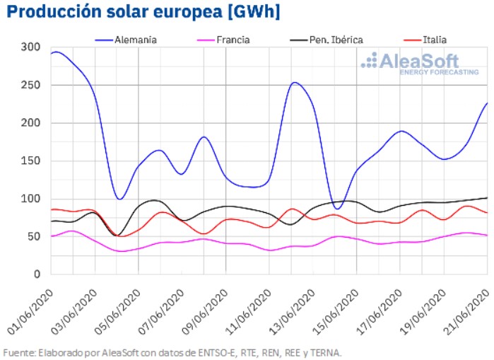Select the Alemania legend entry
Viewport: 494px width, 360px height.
(136, 40)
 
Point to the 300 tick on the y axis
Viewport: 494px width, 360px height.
(30, 47)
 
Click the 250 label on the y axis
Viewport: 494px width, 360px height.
(30, 85)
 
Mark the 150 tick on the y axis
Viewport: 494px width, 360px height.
(30, 161)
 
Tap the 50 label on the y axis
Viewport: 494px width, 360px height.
(33, 236)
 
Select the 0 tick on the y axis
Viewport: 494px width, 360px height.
(36, 274)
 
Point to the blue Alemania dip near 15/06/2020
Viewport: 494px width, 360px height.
(337, 209)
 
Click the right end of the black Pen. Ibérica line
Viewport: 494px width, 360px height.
(487, 198)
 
